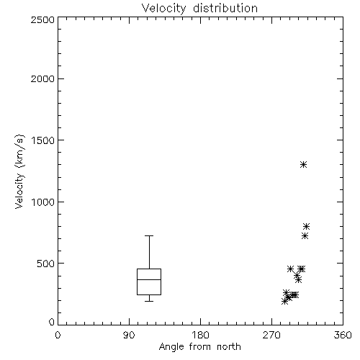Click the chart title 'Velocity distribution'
pos(199,9)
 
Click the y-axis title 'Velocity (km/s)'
pos(19,171)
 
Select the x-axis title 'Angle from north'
pos(199,347)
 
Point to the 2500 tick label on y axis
pos(42,19)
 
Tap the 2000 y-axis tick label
pos(42,78)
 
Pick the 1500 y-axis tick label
pos(43,140)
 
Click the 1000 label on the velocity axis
pos(43,202)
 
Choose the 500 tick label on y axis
pos(46,264)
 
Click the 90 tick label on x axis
pos(129,335)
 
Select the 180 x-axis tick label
pos(200,335)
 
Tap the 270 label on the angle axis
pos(271,335)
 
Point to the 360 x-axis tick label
pos(343,335)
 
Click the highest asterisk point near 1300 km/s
pos(304,164)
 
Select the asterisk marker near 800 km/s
pos(306,226)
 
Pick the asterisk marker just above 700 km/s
pos(305,236)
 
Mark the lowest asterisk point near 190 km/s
pos(284,302)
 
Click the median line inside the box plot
pos(149,279)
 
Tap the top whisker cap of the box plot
pos(149,236)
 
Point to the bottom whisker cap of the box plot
pos(149,301)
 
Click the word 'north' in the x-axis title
pos(229,347)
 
